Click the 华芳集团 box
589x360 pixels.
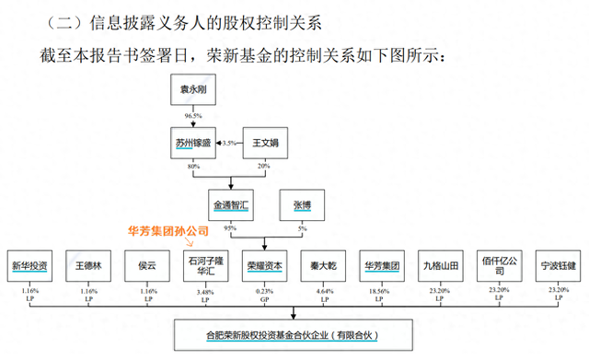[x=382, y=266]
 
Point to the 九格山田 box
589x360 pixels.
[x=440, y=266]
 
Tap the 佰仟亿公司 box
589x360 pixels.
[x=500, y=266]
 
